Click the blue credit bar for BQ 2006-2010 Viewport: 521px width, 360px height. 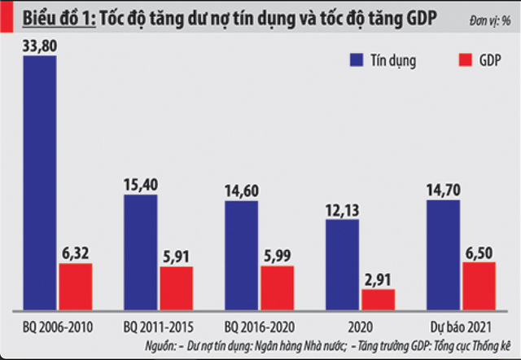40,182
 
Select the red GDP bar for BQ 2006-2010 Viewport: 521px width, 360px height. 75,286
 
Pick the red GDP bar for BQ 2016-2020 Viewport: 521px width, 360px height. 277,288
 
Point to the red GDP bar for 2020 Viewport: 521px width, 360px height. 378,299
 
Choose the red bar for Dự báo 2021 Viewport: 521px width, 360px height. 479,285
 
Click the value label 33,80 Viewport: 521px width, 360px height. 40,46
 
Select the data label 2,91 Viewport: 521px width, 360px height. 378,279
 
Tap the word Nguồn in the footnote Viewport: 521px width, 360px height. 163,345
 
